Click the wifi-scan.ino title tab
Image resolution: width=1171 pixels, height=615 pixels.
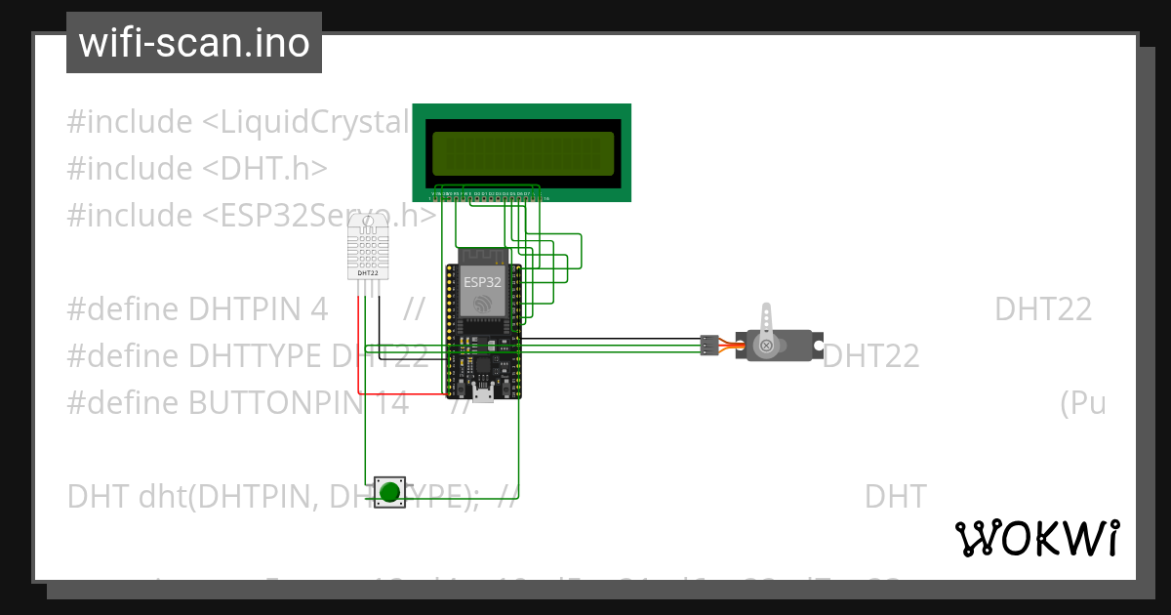[x=194, y=43]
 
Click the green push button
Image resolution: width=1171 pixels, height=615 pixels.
[x=390, y=492]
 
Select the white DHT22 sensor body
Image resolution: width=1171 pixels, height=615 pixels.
[x=368, y=246]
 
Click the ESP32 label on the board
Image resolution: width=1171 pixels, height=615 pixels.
[x=482, y=281]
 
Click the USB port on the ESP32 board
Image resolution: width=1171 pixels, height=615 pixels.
[x=483, y=392]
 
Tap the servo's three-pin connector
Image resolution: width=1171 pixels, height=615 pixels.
[x=708, y=345]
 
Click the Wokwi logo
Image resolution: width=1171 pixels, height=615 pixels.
[x=1036, y=539]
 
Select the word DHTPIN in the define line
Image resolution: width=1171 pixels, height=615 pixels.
[x=258, y=309]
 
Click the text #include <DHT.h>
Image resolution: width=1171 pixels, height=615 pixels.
[x=196, y=168]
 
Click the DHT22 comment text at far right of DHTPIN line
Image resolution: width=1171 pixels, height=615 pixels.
[x=1042, y=309]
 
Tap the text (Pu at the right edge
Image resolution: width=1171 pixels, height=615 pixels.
[x=1082, y=402]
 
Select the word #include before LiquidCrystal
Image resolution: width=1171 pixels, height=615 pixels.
[x=130, y=122]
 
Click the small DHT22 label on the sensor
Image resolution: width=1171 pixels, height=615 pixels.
[x=368, y=273]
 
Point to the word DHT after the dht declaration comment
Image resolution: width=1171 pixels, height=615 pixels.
[x=894, y=497]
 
